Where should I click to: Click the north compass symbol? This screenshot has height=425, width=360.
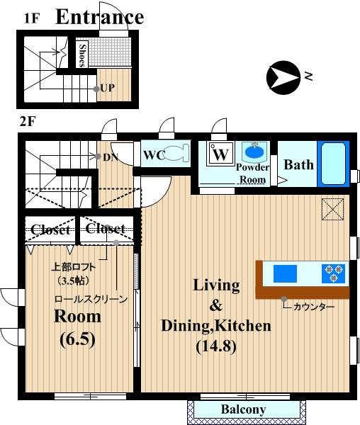click(x=283, y=77)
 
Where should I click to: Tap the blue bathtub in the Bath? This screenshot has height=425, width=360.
click(x=333, y=164)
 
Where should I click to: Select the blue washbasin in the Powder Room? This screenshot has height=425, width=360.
click(x=254, y=152)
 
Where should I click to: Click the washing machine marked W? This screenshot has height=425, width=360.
click(x=220, y=154)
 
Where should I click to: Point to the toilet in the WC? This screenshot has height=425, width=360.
click(x=176, y=153)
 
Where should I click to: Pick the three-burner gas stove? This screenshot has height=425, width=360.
click(x=334, y=273)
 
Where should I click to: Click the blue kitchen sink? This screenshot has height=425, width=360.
click(x=285, y=273)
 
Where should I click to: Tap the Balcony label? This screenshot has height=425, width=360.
click(x=243, y=409)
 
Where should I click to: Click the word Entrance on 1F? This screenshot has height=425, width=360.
click(x=99, y=17)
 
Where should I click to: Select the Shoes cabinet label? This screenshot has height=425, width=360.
click(x=82, y=55)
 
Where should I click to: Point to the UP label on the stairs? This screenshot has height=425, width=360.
click(x=107, y=88)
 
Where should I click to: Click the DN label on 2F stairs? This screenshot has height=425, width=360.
click(x=111, y=157)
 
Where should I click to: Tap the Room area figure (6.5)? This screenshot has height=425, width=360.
click(x=78, y=339)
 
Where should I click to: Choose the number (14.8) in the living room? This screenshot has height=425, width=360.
click(x=216, y=346)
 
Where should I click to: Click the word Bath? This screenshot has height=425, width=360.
click(x=298, y=165)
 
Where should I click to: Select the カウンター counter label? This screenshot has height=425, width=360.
click(x=314, y=307)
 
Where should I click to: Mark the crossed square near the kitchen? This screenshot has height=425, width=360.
click(x=332, y=209)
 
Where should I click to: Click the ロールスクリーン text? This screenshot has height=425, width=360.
click(x=91, y=299)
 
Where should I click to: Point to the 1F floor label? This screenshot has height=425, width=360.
click(x=32, y=18)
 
